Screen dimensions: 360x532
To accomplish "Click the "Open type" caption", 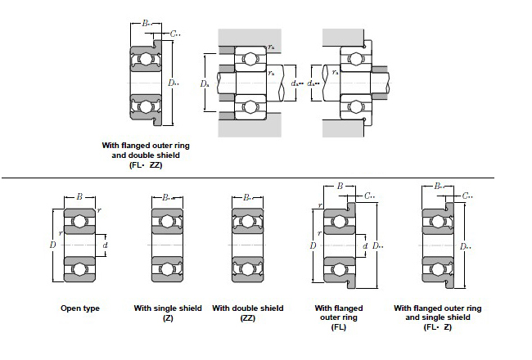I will pos(80,308).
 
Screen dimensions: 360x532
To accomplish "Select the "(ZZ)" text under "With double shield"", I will pos(247,317).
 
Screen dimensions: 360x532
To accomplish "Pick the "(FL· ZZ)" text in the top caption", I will pos(145,164).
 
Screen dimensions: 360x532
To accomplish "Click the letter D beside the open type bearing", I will pos(52,245).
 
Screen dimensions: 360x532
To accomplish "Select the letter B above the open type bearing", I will pos(79,196).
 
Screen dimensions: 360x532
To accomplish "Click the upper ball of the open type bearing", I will pos(79,221).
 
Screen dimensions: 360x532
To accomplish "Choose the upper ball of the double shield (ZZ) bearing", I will pos(247,221).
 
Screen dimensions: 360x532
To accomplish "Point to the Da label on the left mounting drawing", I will pos(205,83).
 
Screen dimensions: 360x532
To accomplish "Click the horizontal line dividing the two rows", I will pos(266,178).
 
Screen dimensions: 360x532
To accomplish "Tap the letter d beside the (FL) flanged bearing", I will pos(364,245).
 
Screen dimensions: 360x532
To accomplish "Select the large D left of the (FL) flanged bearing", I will pos(313,245).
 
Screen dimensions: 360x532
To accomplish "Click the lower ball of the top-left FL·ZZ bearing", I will pos(146,106).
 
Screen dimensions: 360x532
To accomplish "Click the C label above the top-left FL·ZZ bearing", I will pos(176,35).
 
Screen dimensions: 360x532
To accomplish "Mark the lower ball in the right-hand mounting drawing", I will pos(357,106).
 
